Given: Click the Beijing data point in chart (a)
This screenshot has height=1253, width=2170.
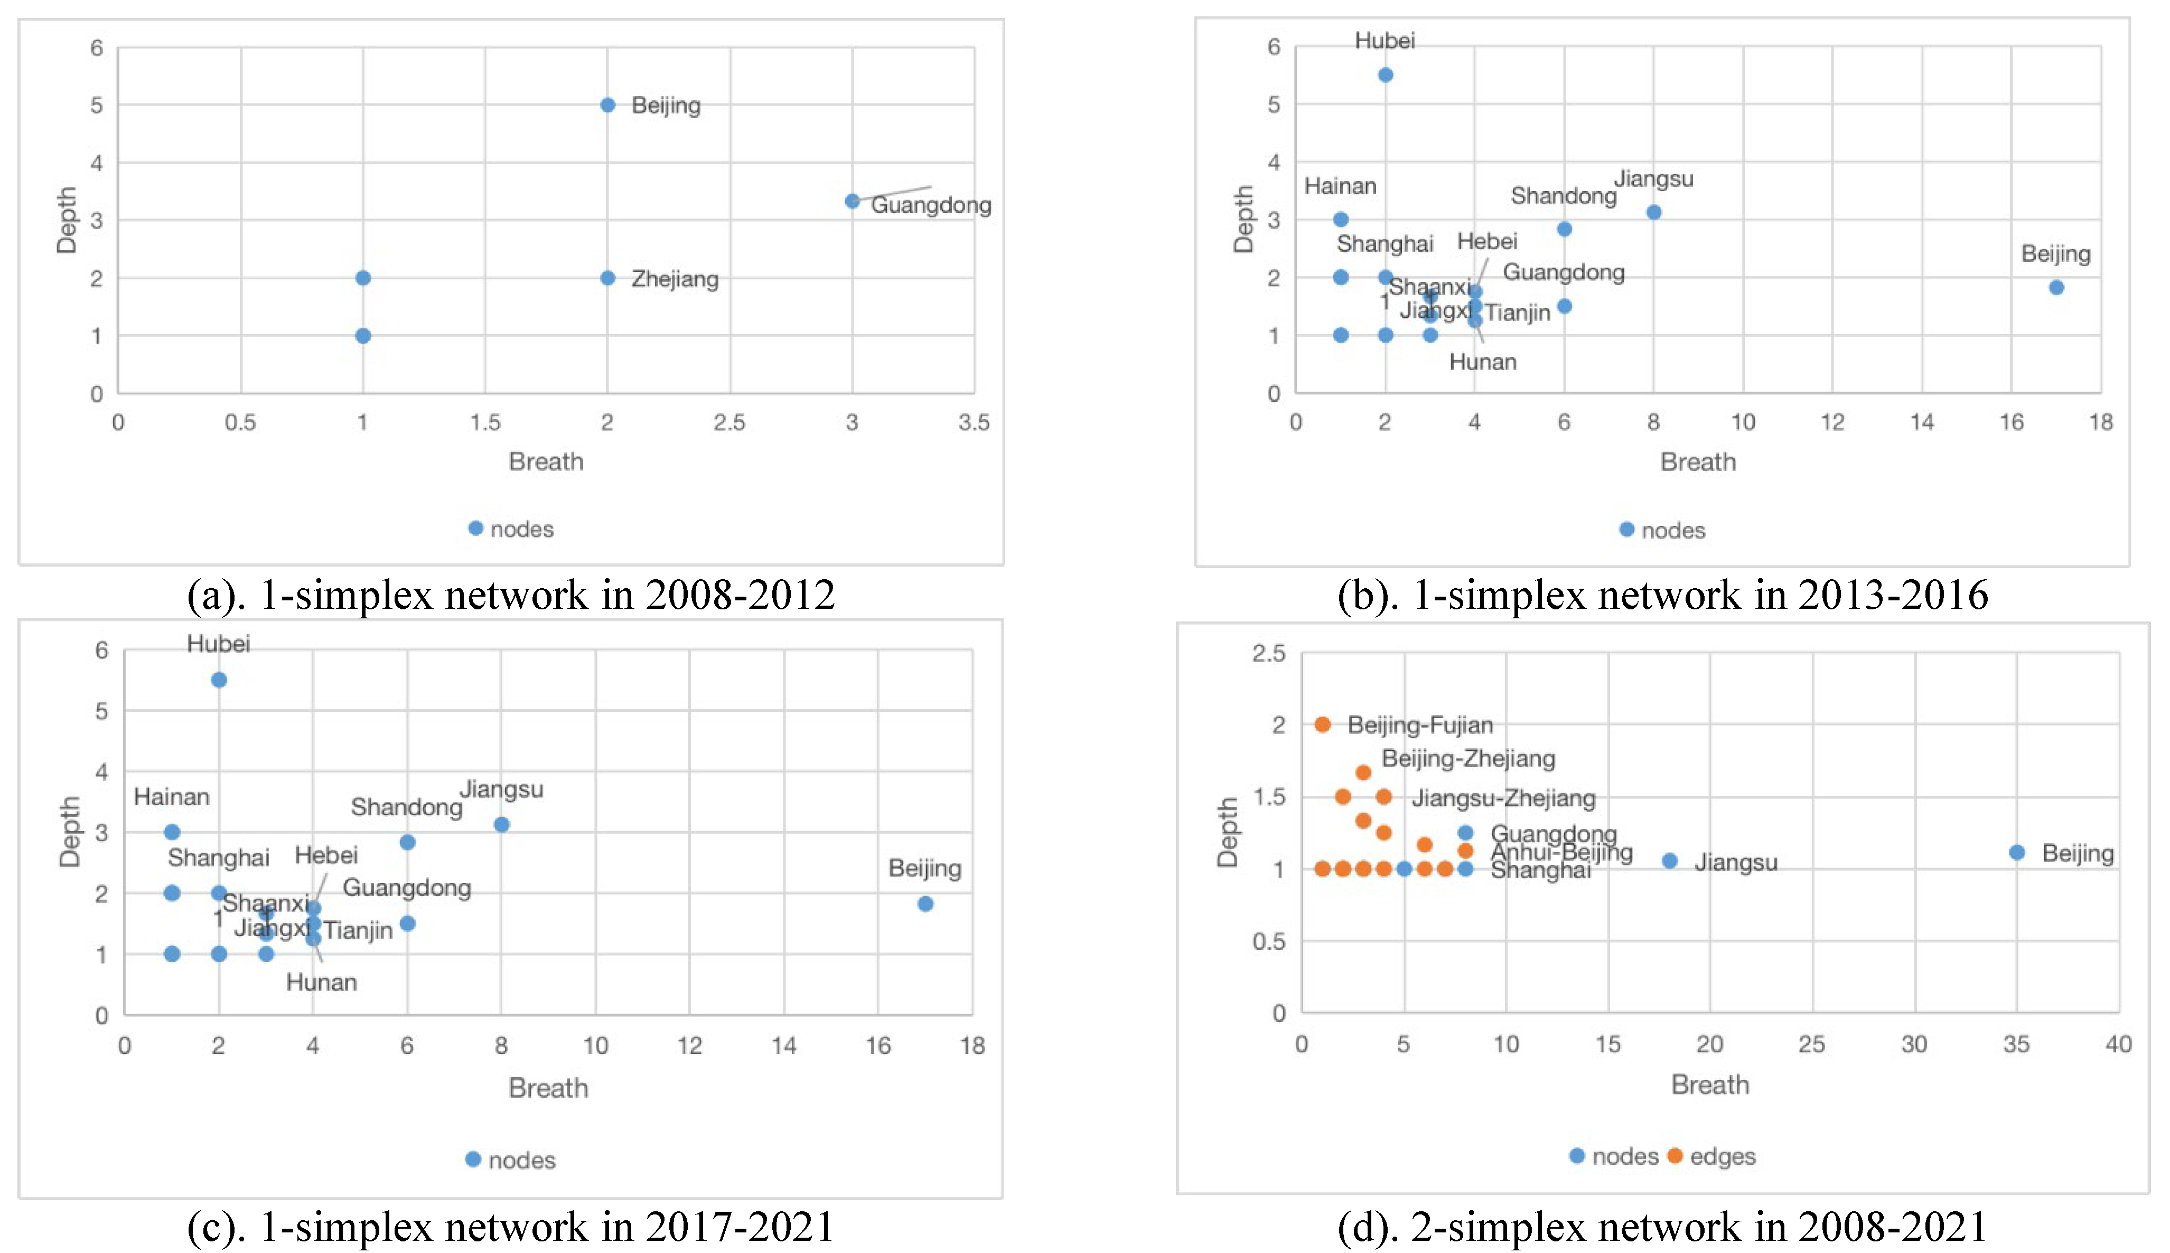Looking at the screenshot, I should pyautogui.click(x=607, y=105).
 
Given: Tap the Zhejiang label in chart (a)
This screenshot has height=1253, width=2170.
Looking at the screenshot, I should pyautogui.click(x=675, y=279).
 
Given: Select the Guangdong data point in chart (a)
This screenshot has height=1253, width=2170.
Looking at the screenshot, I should pyautogui.click(x=852, y=201).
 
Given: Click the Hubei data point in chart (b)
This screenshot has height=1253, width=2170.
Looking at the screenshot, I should pyautogui.click(x=1385, y=75).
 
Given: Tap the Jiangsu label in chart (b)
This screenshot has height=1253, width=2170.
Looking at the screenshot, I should pyautogui.click(x=1653, y=179).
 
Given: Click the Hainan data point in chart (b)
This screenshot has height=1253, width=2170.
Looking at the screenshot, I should pyautogui.click(x=1340, y=220).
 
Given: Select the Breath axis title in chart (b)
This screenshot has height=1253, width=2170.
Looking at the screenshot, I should pyautogui.click(x=1697, y=462).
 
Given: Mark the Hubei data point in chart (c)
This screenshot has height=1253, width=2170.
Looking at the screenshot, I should pyautogui.click(x=219, y=680).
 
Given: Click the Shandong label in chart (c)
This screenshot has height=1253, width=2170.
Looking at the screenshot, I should pyautogui.click(x=406, y=807).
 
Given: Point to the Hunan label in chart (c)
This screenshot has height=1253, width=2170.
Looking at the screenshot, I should pyautogui.click(x=321, y=982).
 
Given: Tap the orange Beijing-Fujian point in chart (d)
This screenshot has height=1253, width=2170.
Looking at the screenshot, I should pyautogui.click(x=1322, y=724).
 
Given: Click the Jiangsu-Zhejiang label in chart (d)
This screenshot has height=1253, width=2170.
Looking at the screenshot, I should pyautogui.click(x=1503, y=798).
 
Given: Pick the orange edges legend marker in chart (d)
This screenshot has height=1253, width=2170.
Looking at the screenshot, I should pyautogui.click(x=1674, y=1156).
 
